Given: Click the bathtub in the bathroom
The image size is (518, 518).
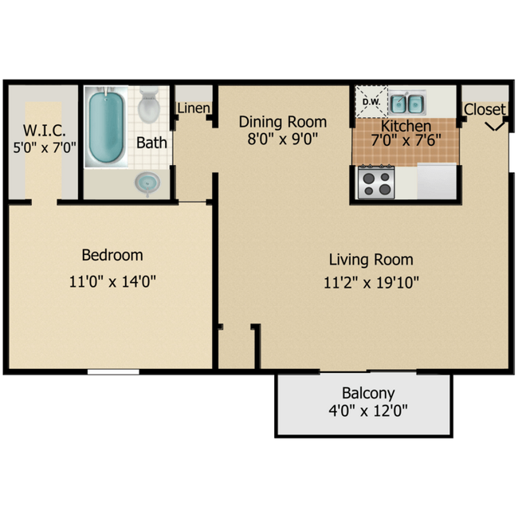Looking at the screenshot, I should point(105,128).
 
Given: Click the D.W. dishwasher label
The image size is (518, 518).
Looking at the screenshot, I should point(371,102).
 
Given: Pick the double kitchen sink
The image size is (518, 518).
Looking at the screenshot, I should point(406,103).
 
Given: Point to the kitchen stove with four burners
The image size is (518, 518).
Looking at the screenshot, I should point(377,182).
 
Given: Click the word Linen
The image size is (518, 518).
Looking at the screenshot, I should point(194,108).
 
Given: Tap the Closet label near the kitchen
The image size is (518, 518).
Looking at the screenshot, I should point(485,109).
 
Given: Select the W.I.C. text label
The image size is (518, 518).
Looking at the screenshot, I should point(44,129).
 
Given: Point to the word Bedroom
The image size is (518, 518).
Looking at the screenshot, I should point(112,255).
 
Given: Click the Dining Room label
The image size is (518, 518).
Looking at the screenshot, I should point(283,122).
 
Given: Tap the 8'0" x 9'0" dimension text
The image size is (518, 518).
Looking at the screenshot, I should point(283,139).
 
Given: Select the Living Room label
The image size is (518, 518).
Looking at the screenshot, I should point(371,259).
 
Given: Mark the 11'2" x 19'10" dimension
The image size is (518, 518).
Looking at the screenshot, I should point(371,281).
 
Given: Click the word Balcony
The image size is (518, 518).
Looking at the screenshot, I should point(368,393).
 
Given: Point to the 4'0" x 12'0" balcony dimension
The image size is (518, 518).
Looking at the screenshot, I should point(368,412).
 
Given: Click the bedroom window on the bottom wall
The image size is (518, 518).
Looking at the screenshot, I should point(113,371).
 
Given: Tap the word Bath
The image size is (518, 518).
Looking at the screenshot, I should point(151,143).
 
